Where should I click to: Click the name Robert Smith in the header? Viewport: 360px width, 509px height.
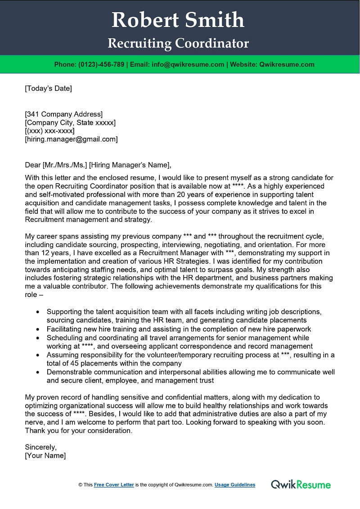point(178,20)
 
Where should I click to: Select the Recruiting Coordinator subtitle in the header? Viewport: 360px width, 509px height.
point(178,44)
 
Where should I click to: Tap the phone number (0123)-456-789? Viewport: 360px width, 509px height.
point(102,64)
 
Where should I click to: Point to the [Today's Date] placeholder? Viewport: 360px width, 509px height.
point(48,88)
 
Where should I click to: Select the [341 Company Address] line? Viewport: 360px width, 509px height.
point(63,114)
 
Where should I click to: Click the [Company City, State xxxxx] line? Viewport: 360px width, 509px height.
point(70,122)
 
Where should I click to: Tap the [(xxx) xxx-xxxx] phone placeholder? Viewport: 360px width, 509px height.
point(49,131)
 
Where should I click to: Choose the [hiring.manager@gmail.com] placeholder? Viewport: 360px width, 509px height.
point(71,140)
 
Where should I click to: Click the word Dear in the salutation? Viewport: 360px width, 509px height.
point(33,165)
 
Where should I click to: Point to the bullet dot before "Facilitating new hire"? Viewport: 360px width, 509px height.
point(37,329)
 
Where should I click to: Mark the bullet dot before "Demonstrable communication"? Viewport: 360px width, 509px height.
point(37,372)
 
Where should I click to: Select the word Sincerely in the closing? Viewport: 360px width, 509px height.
point(40,447)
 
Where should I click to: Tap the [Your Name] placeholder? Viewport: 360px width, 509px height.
point(45,456)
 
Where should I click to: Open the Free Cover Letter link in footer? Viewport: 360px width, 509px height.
point(114,485)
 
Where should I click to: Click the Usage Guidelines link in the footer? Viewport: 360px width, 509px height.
point(235,485)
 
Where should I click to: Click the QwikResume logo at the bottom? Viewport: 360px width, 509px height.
point(301,485)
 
